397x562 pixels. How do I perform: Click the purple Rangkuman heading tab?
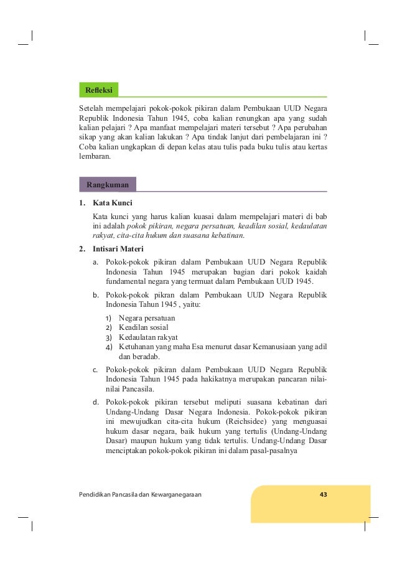click(x=108, y=185)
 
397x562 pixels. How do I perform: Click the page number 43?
click(x=323, y=494)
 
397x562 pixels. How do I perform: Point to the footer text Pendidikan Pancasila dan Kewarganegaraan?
click(x=140, y=494)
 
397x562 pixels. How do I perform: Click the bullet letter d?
click(x=95, y=401)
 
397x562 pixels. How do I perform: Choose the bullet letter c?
click(x=95, y=371)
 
